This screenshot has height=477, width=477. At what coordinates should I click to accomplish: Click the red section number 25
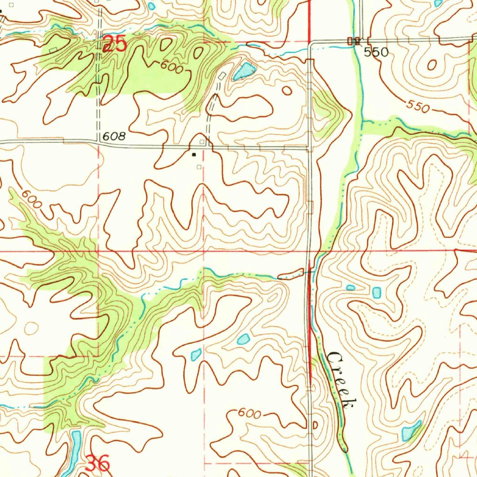pyautogui.click(x=115, y=44)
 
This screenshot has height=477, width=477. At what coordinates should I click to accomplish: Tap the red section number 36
pyautogui.click(x=98, y=463)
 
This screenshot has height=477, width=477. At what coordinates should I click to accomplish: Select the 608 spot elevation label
pyautogui.click(x=115, y=136)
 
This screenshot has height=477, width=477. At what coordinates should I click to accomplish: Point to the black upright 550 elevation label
pyautogui.click(x=376, y=52)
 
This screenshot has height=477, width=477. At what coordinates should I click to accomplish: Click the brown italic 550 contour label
pyautogui.click(x=416, y=107)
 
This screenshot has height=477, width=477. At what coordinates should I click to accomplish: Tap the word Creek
pyautogui.click(x=342, y=380)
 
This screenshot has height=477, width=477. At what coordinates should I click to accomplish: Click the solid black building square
pyautogui.click(x=194, y=154)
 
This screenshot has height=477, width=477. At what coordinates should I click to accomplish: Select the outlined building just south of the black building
pyautogui.click(x=199, y=167)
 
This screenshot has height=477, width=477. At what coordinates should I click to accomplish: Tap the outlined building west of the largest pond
pyautogui.click(x=222, y=75)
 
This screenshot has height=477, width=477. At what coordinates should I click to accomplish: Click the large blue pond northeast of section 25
pyautogui.click(x=244, y=71)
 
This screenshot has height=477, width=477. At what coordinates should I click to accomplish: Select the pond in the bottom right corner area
pyautogui.click(x=410, y=431)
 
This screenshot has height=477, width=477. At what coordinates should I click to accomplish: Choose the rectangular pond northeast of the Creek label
pyautogui.click(x=376, y=293)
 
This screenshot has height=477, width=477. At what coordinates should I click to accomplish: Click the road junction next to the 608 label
pyautogui.click(x=99, y=142)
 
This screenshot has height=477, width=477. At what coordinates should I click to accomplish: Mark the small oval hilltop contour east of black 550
pyautogui.click(x=431, y=65)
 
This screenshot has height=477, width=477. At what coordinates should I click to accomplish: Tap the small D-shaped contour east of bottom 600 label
pyautogui.click(x=314, y=425)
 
